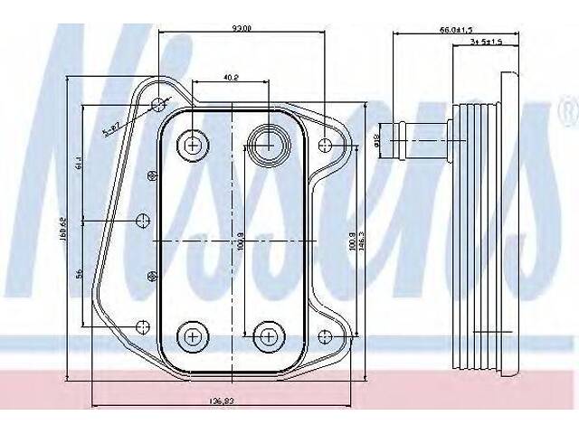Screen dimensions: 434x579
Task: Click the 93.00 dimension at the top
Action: coord(242,29)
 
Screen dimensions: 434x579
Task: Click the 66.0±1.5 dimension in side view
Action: coord(452,29)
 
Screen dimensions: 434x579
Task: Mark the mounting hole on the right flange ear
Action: coord(327,143)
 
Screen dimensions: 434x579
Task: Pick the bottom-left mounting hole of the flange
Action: coord(140,326)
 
